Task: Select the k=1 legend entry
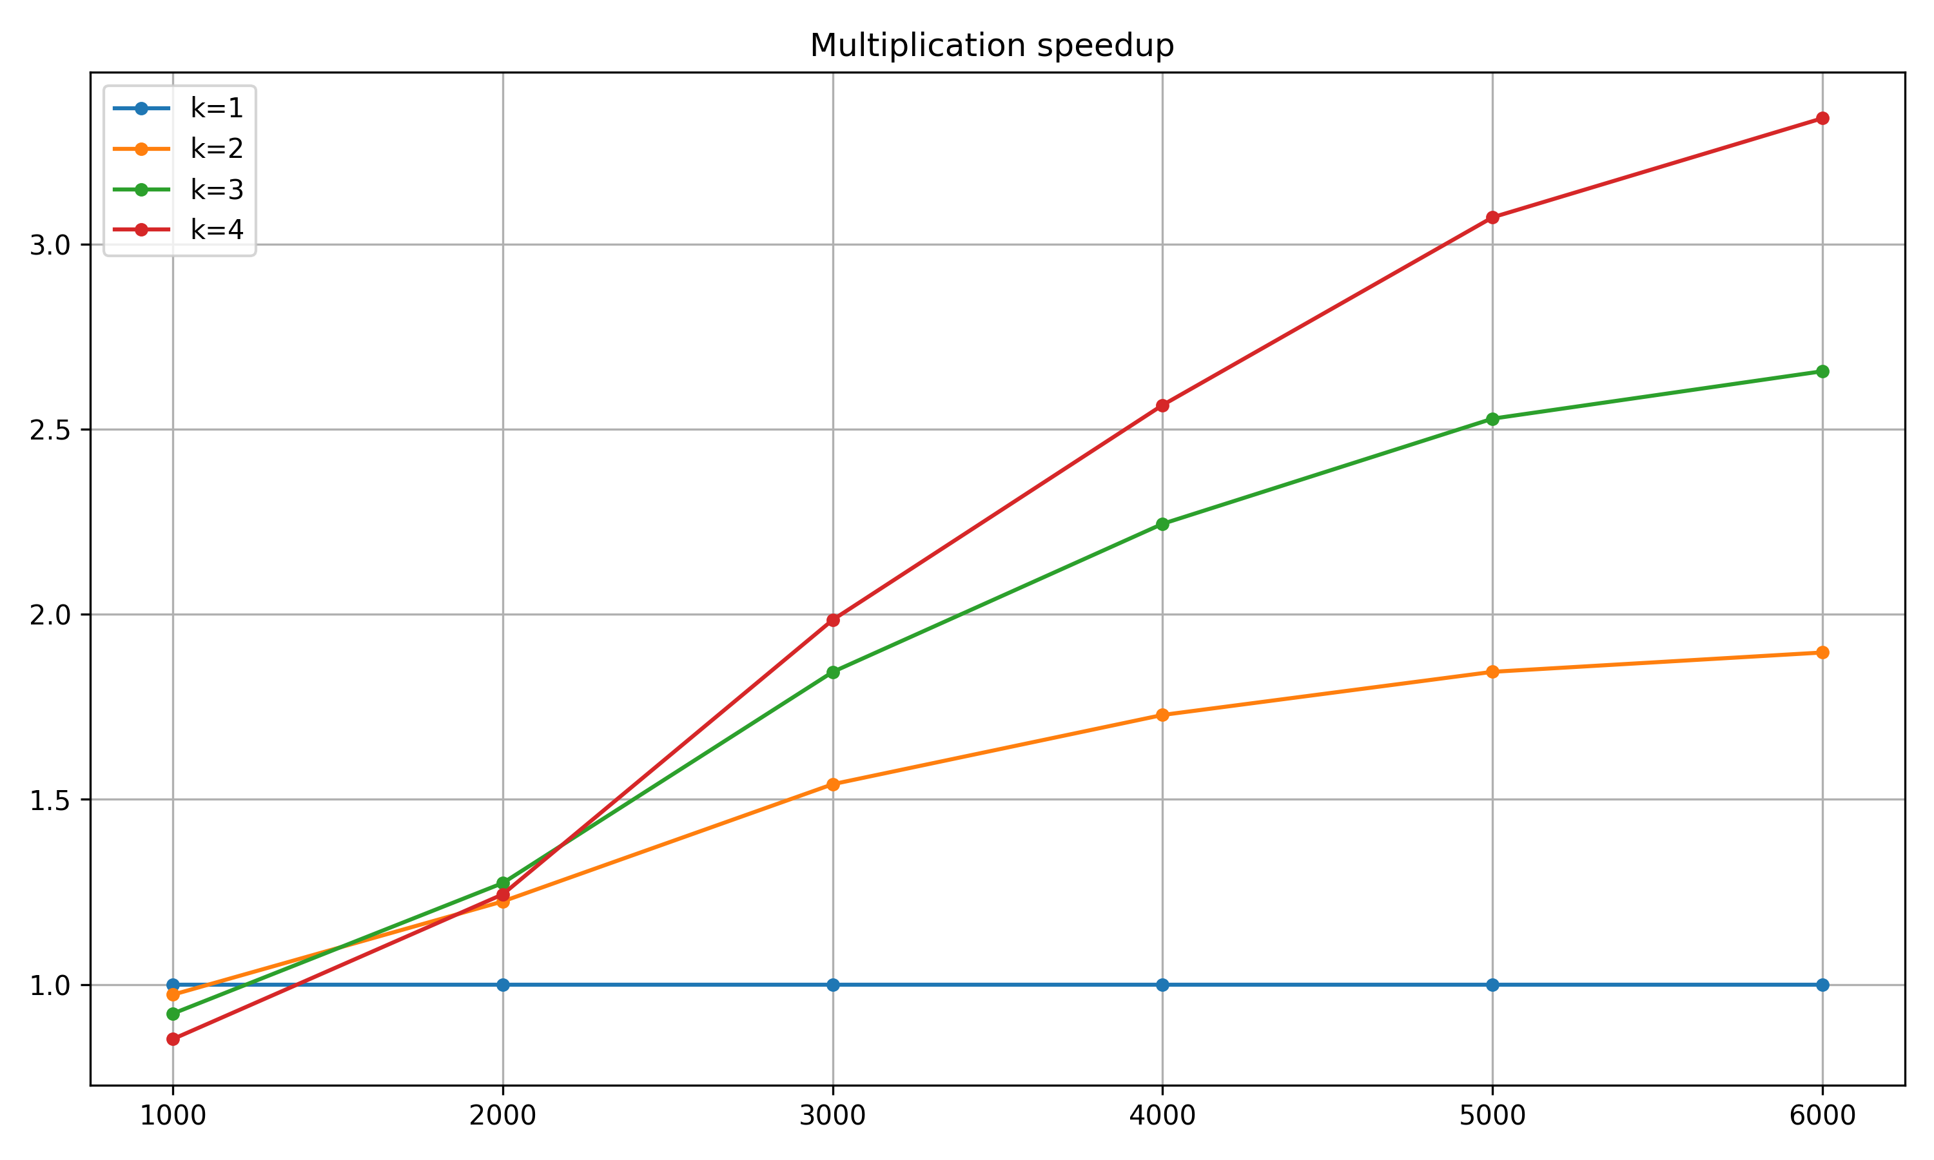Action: [x=217, y=109]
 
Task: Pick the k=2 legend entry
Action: [x=217, y=148]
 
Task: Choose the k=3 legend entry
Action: [x=217, y=189]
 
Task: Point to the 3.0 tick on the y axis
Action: [x=50, y=246]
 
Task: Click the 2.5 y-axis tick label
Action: [x=50, y=430]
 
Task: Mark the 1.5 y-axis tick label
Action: [x=50, y=800]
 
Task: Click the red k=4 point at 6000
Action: [x=1822, y=119]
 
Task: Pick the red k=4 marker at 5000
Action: [x=1492, y=217]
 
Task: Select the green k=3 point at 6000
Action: [x=1822, y=372]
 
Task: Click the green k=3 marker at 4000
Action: [x=1162, y=525]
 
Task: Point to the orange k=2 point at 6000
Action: [x=1822, y=653]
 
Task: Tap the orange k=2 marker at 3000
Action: [x=832, y=785]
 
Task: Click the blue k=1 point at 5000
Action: [x=1492, y=985]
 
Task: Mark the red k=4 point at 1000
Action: [x=173, y=1039]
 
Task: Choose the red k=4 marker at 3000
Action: [x=832, y=621]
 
